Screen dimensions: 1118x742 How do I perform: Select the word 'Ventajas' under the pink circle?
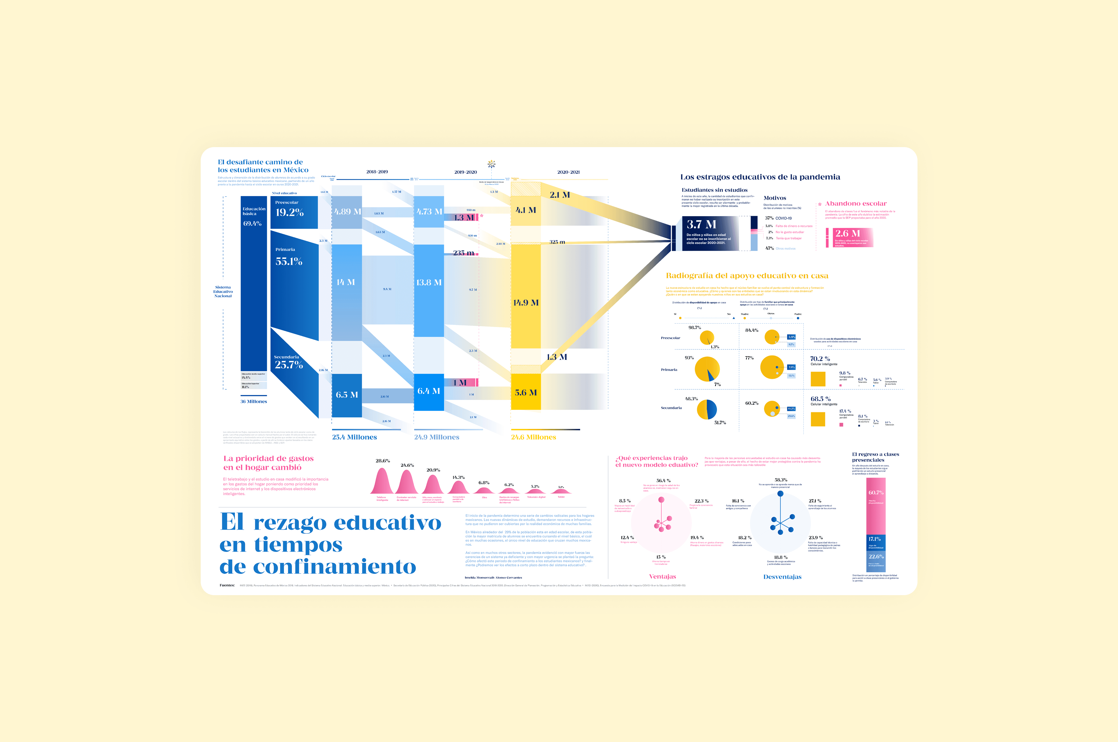click(x=662, y=576)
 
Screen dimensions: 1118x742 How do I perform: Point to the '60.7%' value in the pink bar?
click(x=876, y=493)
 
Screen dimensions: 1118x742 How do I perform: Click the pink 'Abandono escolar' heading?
click(x=856, y=203)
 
